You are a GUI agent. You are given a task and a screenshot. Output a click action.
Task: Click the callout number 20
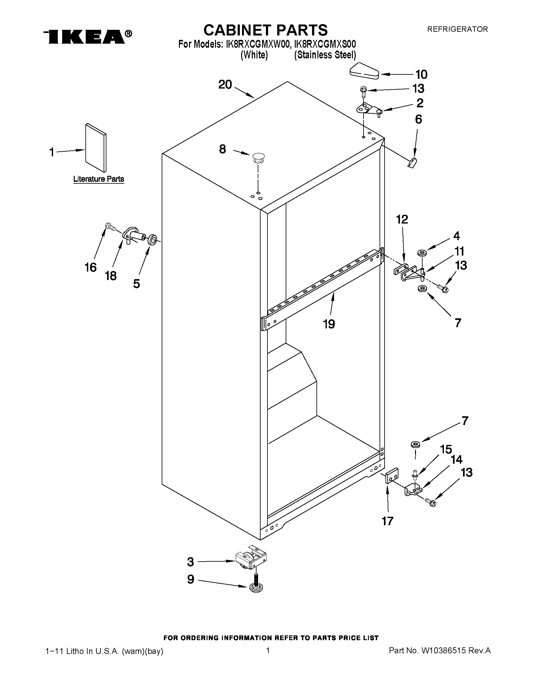tap(225, 85)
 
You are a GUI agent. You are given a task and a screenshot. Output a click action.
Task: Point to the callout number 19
tap(329, 324)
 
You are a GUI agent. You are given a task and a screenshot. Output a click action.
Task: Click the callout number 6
tap(418, 119)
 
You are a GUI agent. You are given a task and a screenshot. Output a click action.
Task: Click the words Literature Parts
tap(98, 179)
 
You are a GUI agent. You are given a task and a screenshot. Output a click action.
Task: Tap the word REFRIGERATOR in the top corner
tap(457, 29)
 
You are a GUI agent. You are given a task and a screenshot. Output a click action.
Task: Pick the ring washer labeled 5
tap(153, 239)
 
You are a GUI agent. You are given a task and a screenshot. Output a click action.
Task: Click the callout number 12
tap(402, 219)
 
